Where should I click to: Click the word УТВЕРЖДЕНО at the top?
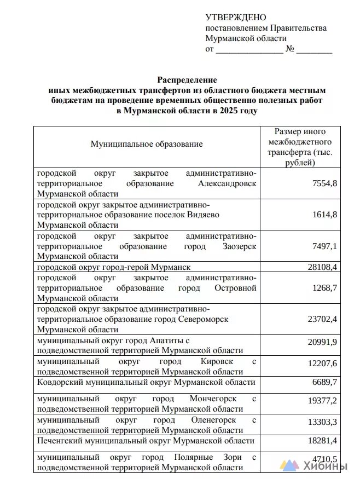point(235,18)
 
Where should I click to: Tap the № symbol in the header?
point(290,49)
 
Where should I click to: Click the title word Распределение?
point(187,80)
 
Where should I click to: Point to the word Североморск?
point(204,319)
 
